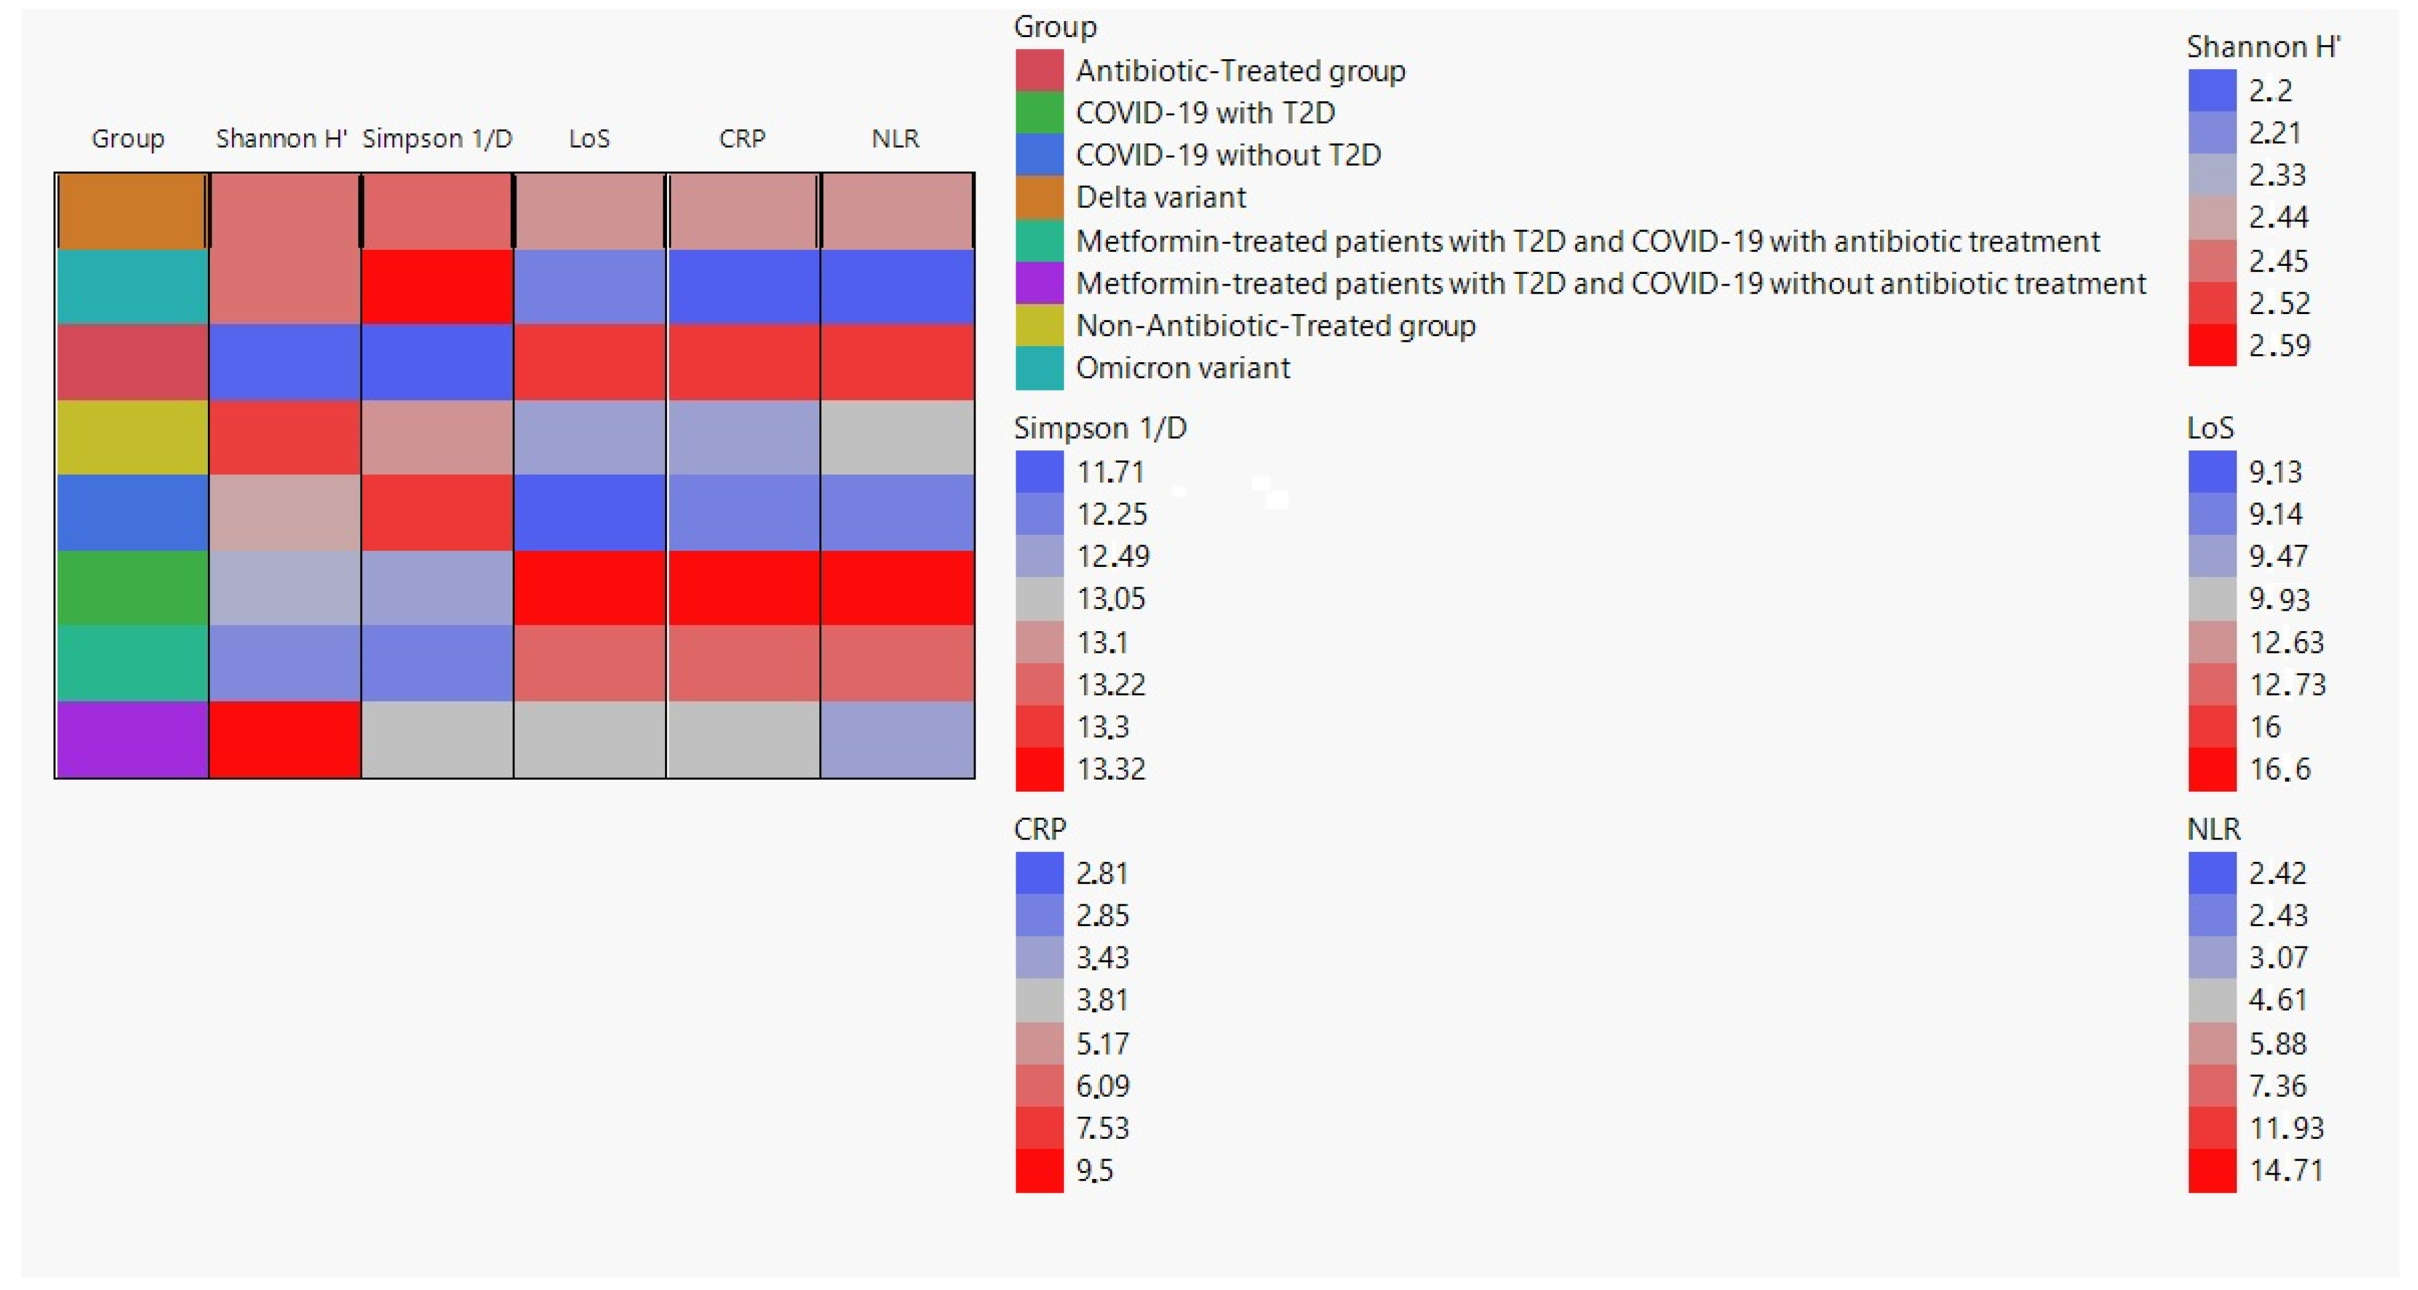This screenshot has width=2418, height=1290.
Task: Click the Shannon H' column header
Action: (281, 139)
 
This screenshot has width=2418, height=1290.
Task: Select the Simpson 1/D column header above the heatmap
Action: (437, 139)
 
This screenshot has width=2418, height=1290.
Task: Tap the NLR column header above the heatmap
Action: (895, 139)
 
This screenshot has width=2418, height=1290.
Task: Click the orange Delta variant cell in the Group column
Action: (131, 211)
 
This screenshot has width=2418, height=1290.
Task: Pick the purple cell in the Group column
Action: (131, 739)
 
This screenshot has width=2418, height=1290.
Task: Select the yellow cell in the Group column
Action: (131, 437)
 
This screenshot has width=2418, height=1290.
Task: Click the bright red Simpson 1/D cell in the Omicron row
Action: (437, 286)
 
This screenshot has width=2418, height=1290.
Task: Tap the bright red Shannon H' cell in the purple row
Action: (284, 739)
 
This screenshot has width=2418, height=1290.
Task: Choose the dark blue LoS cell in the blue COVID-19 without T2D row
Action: (589, 513)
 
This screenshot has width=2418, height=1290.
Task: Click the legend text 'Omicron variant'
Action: (1183, 368)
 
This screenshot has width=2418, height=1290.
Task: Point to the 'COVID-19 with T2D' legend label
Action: (1205, 113)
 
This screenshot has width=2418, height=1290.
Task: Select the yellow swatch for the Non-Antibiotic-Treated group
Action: (1039, 326)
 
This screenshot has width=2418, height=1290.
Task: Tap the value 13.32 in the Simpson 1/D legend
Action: (1111, 769)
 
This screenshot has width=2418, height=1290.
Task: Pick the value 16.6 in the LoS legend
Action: (2280, 769)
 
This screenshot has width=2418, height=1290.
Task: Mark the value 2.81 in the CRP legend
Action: (1102, 873)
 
